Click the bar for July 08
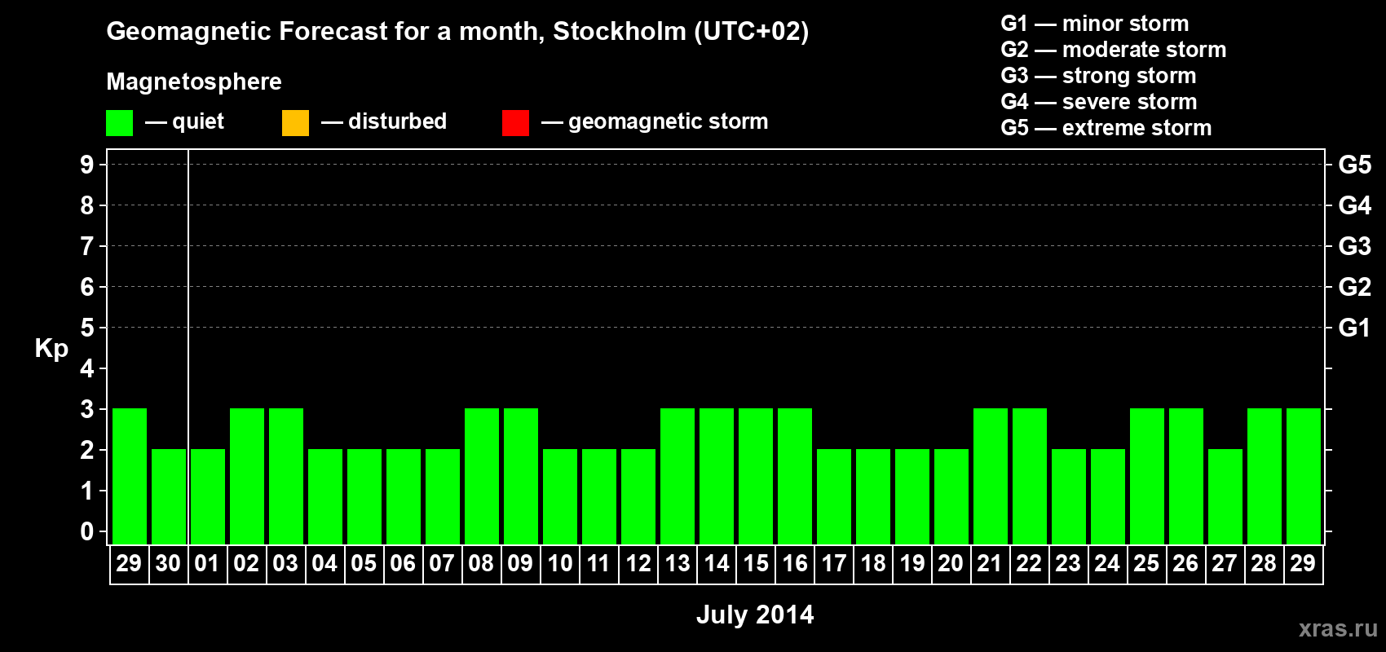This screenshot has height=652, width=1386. coord(482,476)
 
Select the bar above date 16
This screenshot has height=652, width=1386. coord(795,476)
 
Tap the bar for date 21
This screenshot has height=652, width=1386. coord(991,476)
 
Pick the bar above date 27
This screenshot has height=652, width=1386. coord(1225,496)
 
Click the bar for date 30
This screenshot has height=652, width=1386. coord(169,496)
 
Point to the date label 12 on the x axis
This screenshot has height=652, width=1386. coord(638,563)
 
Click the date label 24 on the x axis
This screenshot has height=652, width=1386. coord(1107,563)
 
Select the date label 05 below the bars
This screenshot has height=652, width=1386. coord(364,563)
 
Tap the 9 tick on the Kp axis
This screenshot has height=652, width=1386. coord(87,165)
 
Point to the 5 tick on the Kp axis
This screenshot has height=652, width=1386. coord(87,328)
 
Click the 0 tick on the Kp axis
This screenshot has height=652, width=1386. coord(87,531)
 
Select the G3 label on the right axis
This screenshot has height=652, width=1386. coord(1354,246)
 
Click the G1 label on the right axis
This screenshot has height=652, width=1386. coord(1354,328)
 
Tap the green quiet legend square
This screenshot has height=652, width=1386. coord(119,123)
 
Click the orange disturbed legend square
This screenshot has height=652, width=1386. coord(295,123)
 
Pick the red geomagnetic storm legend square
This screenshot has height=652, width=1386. coord(515,123)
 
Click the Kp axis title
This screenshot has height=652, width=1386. coord(51,348)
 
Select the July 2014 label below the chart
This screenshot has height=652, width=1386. coord(755,615)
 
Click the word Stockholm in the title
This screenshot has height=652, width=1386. coord(620,32)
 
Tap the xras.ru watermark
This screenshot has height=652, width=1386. coord(1338,628)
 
